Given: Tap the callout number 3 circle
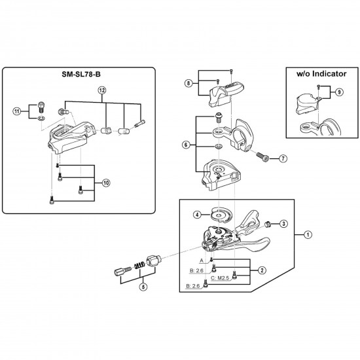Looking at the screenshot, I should [x=283, y=224].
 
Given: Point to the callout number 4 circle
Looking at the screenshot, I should [x=196, y=213].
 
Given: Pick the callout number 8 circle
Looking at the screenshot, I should [x=189, y=83].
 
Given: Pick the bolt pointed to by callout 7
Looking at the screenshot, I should [x=262, y=157].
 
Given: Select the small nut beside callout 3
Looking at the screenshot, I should [x=268, y=224].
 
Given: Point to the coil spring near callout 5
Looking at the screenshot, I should [x=139, y=264].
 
